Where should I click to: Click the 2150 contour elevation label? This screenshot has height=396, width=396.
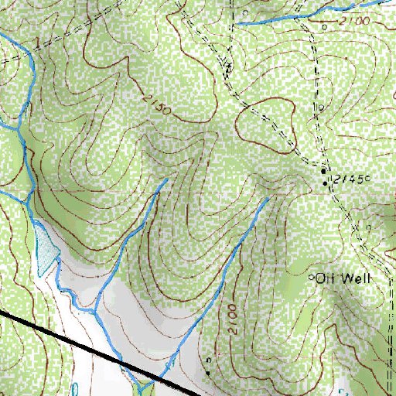pos(156,107)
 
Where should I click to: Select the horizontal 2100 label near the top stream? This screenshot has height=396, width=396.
pos(353,19)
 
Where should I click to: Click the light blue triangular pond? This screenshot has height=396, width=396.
pos(44,251)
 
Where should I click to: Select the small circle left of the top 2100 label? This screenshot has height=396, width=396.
pos(325,26)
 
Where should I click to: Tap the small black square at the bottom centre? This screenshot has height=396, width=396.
pos(207,373)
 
